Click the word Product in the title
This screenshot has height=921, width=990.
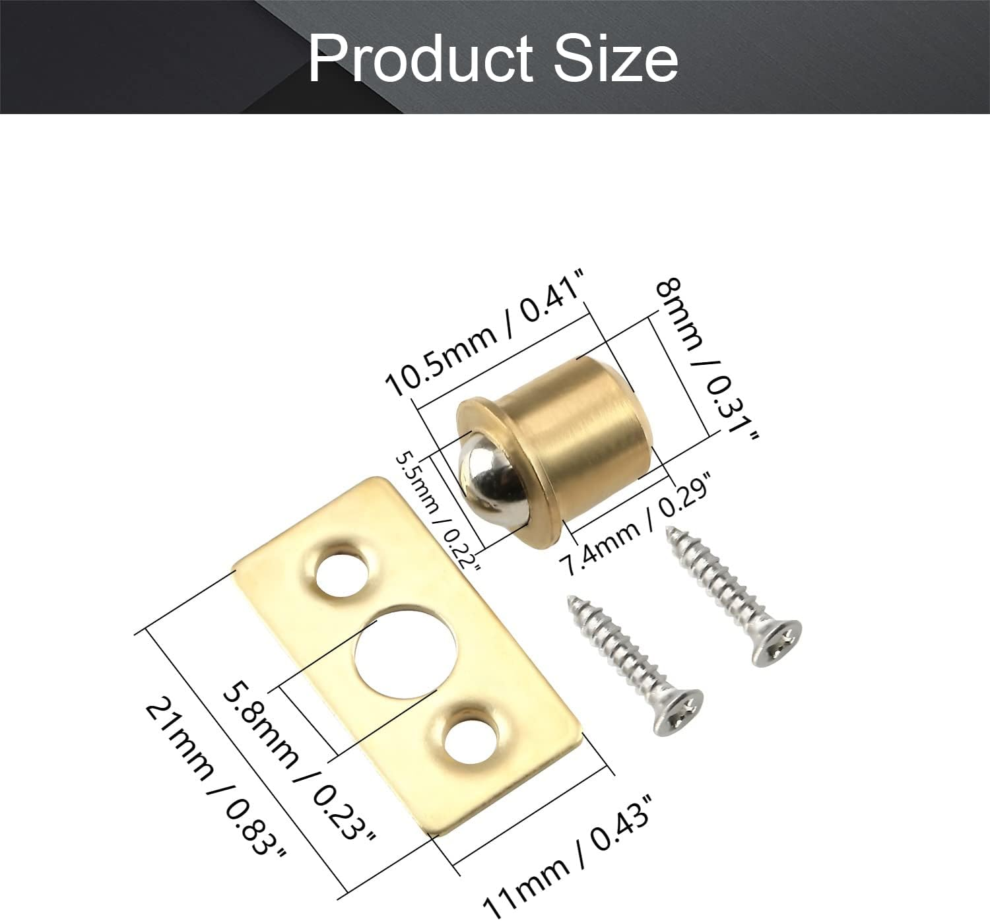pos(420,59)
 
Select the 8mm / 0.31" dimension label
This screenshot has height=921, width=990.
pos(708,359)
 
